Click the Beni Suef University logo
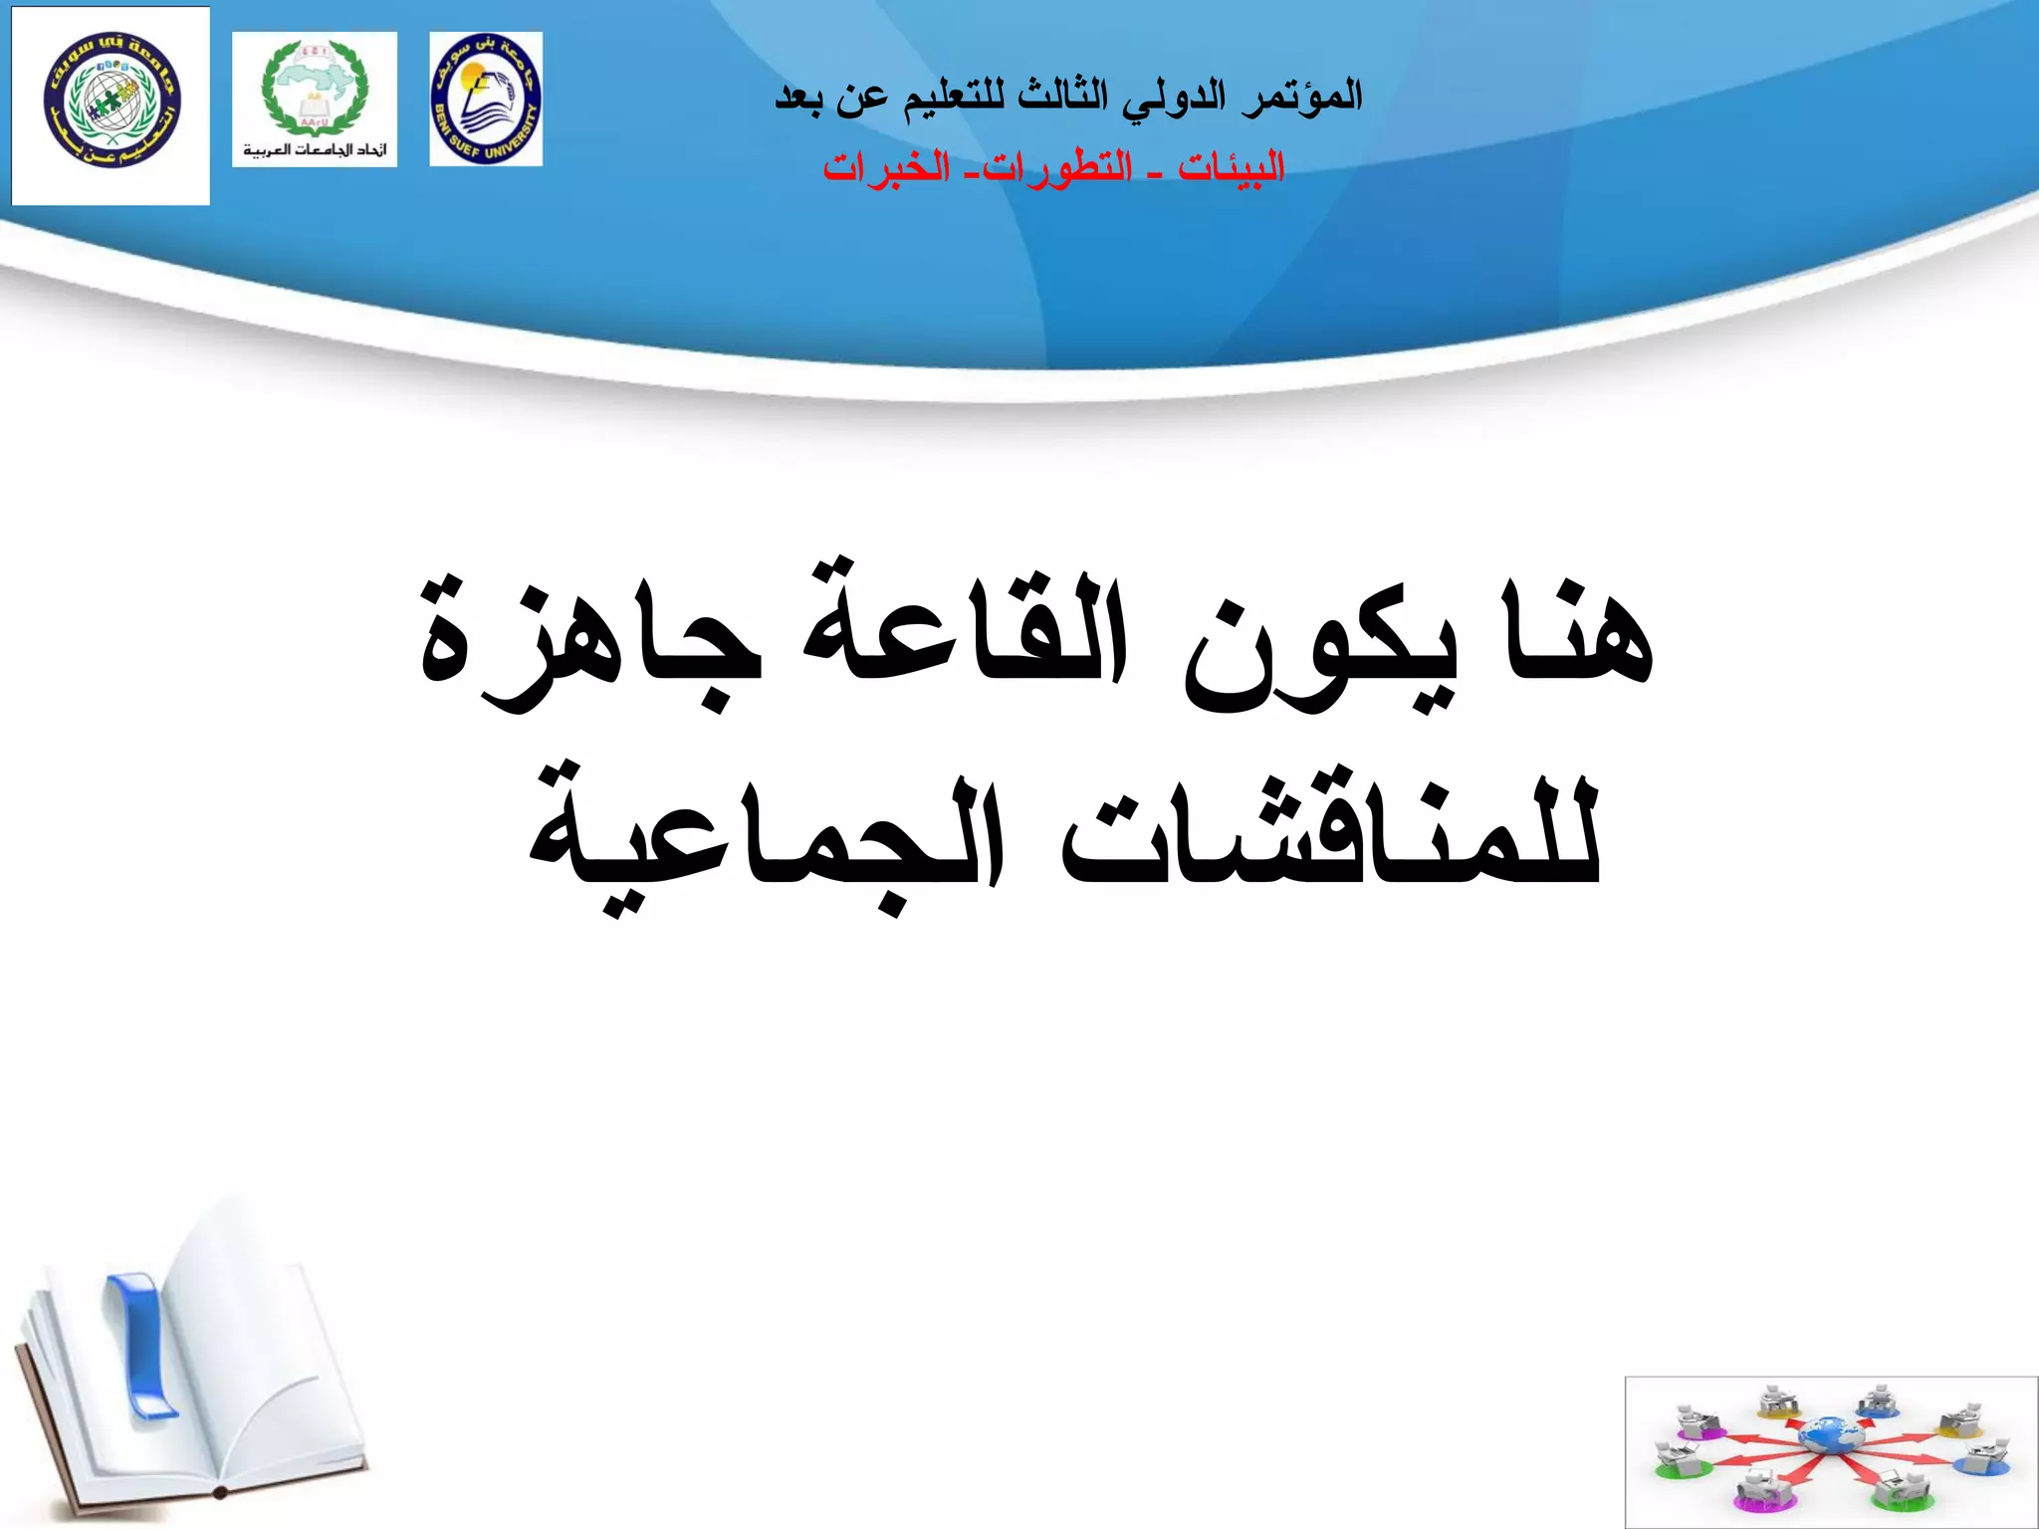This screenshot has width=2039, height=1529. (x=486, y=99)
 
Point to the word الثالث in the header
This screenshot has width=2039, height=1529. (x=1062, y=96)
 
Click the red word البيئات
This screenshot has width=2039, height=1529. (x=1232, y=167)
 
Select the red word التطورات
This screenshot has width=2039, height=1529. (x=1057, y=167)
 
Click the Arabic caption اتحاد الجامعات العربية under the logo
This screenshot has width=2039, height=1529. (x=315, y=150)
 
